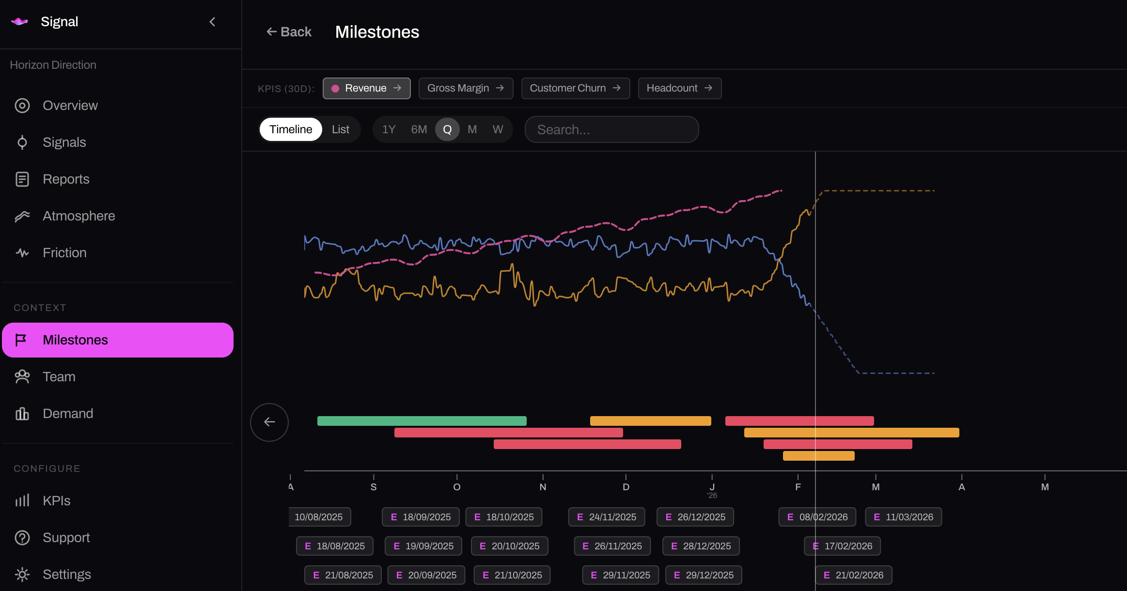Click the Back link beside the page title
(x=289, y=32)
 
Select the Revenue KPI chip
(x=366, y=88)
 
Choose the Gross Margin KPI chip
(x=465, y=88)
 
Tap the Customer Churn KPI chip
(x=575, y=88)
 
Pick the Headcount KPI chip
(x=679, y=88)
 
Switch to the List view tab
(x=340, y=129)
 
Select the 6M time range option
(x=419, y=129)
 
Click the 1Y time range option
(x=389, y=129)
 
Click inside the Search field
(x=611, y=129)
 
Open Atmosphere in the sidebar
(x=78, y=216)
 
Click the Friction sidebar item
(x=64, y=253)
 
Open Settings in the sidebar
(x=66, y=575)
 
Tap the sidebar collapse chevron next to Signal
(x=212, y=22)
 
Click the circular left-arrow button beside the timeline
(x=269, y=422)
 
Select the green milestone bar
(x=422, y=421)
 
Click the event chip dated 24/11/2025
(x=606, y=517)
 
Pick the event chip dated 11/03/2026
(x=903, y=517)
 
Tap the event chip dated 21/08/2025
(x=343, y=575)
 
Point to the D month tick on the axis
(x=626, y=486)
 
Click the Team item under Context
(x=59, y=377)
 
